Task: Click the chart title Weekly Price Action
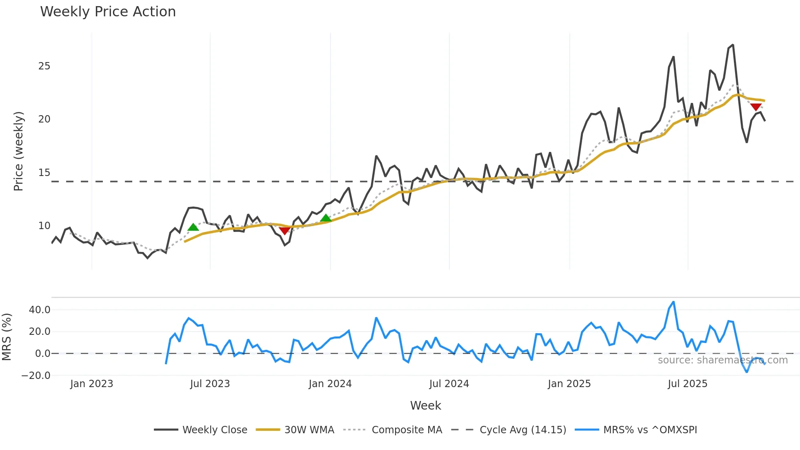coord(108,12)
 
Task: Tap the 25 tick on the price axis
coord(44,66)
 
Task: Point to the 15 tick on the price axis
coord(44,173)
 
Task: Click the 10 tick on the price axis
coord(44,226)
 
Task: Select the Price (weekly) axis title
coord(18,151)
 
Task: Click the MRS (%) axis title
coord(7,337)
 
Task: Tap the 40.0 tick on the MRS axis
coord(40,310)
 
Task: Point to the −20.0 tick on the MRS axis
coord(36,376)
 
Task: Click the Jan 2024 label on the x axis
coord(330,384)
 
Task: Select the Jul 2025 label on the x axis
coord(687,384)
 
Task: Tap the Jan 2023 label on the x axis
coord(91,384)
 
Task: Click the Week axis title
coord(425,405)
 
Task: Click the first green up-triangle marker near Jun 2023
coord(193,227)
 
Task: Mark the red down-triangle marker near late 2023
coord(284,231)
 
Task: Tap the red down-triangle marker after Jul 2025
coord(756,107)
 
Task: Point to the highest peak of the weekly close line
coord(733,45)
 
